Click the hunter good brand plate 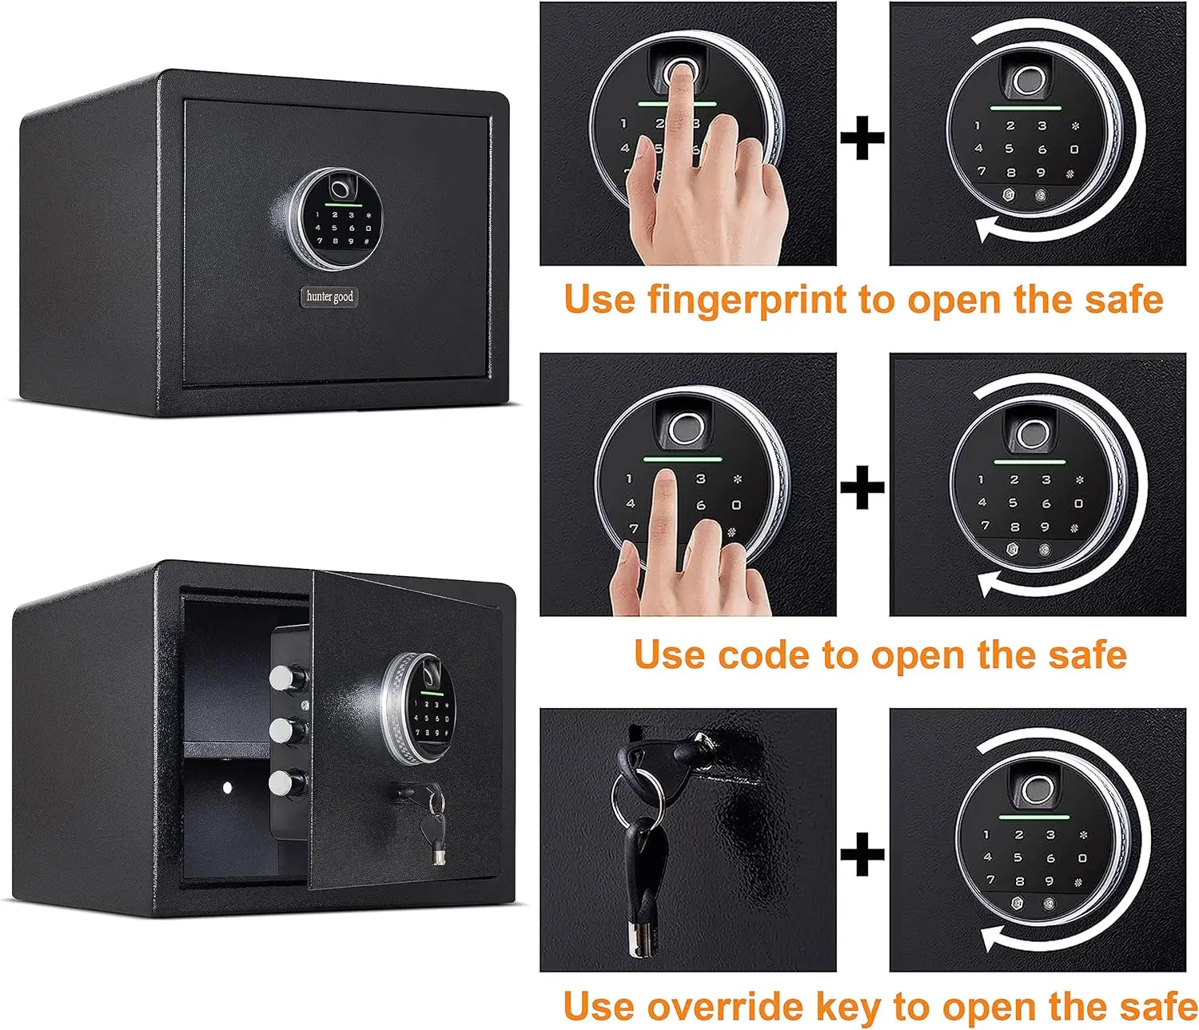click(329, 296)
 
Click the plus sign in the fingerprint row click(862, 138)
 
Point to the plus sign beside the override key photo click(862, 853)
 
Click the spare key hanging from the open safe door click(438, 831)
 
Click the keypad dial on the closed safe click(335, 217)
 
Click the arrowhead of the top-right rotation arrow click(986, 230)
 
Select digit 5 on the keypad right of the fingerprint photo click(1009, 149)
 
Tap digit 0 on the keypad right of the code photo click(1078, 503)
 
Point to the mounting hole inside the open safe click(227, 788)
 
